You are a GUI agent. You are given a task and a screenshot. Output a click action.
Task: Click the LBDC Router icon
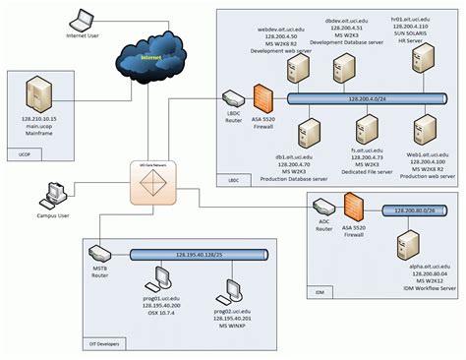click(x=233, y=99)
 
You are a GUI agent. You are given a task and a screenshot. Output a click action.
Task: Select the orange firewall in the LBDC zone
click(x=262, y=99)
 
